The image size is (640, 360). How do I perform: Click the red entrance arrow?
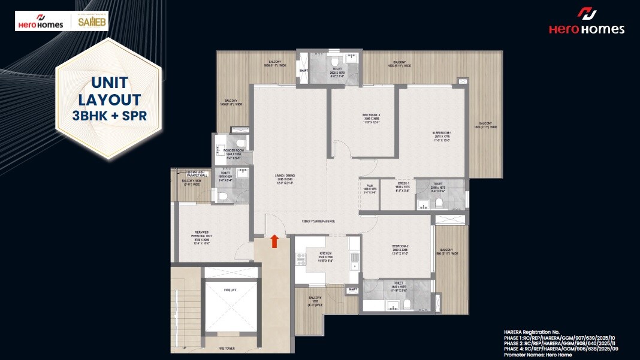pyautogui.click(x=274, y=241)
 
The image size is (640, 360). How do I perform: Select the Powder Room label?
pyautogui.click(x=233, y=150)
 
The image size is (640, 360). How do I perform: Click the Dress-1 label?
pyautogui.click(x=402, y=183)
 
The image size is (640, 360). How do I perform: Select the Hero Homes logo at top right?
pyautogui.click(x=586, y=22)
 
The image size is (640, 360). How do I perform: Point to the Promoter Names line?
pyautogui.click(x=538, y=355)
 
